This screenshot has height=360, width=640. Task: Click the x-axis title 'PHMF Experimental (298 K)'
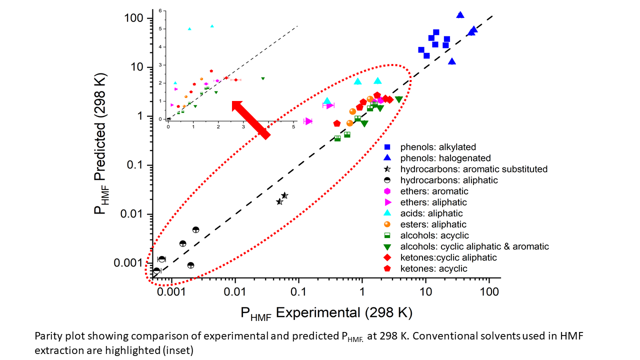point(326,313)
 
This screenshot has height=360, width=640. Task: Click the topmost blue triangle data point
point(460,15)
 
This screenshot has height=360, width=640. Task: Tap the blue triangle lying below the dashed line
point(452,61)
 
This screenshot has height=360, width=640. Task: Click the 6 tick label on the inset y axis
point(160,10)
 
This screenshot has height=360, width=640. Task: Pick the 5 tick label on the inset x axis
point(293,126)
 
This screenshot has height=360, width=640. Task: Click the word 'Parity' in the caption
point(46,336)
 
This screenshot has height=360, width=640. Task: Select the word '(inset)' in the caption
point(178,350)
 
